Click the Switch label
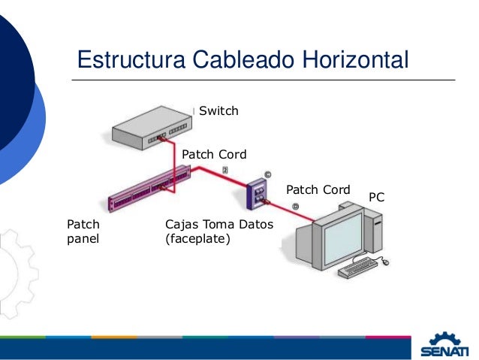point(218,111)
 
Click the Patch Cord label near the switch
point(214,154)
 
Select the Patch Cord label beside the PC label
point(318,189)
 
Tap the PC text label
point(376,197)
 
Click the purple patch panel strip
point(143,194)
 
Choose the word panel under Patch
point(83,240)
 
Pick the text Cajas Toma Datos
point(219,224)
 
